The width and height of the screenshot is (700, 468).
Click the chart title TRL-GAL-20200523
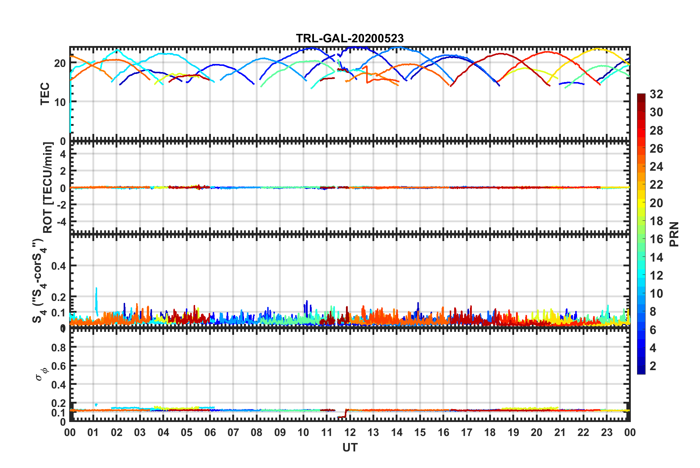click(x=350, y=38)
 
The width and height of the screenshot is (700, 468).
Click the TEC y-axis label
click(x=45, y=94)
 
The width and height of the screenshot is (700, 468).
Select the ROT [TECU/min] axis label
click(x=48, y=187)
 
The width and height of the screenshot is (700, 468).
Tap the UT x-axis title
click(x=350, y=447)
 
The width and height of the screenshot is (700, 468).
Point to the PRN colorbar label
click(x=674, y=234)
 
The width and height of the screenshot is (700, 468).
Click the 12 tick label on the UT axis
click(x=350, y=432)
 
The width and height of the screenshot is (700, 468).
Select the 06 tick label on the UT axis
click(x=210, y=432)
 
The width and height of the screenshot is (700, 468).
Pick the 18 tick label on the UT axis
click(x=490, y=432)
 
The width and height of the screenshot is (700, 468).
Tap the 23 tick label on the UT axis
click(x=607, y=432)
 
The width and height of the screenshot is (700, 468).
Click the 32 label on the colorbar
click(x=656, y=94)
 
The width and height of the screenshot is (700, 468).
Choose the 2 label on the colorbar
click(x=653, y=366)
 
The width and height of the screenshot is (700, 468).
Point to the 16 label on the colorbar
click(x=656, y=239)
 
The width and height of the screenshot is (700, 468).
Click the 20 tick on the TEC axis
click(x=60, y=63)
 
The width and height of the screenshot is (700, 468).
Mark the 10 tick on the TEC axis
click(x=60, y=102)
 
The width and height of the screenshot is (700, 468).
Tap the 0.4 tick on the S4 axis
click(x=59, y=266)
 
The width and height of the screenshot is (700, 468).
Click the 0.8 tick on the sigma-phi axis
click(x=59, y=347)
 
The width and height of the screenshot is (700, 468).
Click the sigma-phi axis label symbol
click(x=42, y=373)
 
